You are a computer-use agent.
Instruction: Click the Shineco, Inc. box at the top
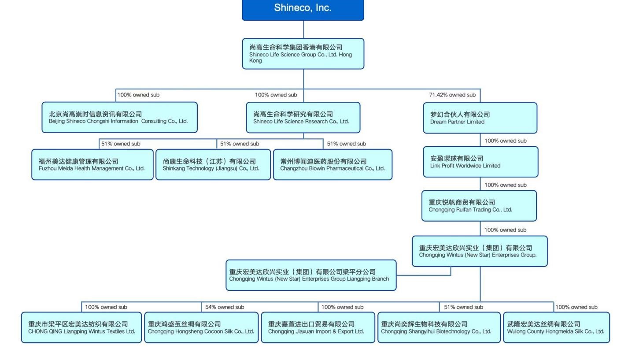point(303,9)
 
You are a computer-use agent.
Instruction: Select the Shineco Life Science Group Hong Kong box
point(303,54)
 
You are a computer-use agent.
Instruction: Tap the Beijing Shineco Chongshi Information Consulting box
point(119,118)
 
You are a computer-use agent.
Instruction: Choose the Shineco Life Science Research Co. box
point(303,118)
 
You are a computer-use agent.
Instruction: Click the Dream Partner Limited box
point(480,118)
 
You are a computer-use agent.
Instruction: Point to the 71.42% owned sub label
point(452,95)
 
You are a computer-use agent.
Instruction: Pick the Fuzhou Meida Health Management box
point(92,165)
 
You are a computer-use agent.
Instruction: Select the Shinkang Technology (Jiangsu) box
point(213,165)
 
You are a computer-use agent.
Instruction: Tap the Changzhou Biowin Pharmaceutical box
point(332,165)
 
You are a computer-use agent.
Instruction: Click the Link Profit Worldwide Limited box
point(480,162)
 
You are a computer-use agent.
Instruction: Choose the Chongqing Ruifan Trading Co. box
point(479,206)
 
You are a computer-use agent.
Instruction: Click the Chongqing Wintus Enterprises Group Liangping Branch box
point(311,275)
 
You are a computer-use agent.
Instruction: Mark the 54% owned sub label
point(225,307)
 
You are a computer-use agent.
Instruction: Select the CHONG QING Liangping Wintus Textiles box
point(81,328)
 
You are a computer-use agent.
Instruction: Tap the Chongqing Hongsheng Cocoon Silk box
point(201,328)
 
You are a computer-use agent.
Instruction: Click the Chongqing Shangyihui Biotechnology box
point(439,328)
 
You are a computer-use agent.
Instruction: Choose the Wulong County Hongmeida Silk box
point(556,328)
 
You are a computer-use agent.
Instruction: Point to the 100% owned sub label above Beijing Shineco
point(138,95)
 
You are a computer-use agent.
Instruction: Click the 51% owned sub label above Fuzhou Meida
point(121,144)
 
